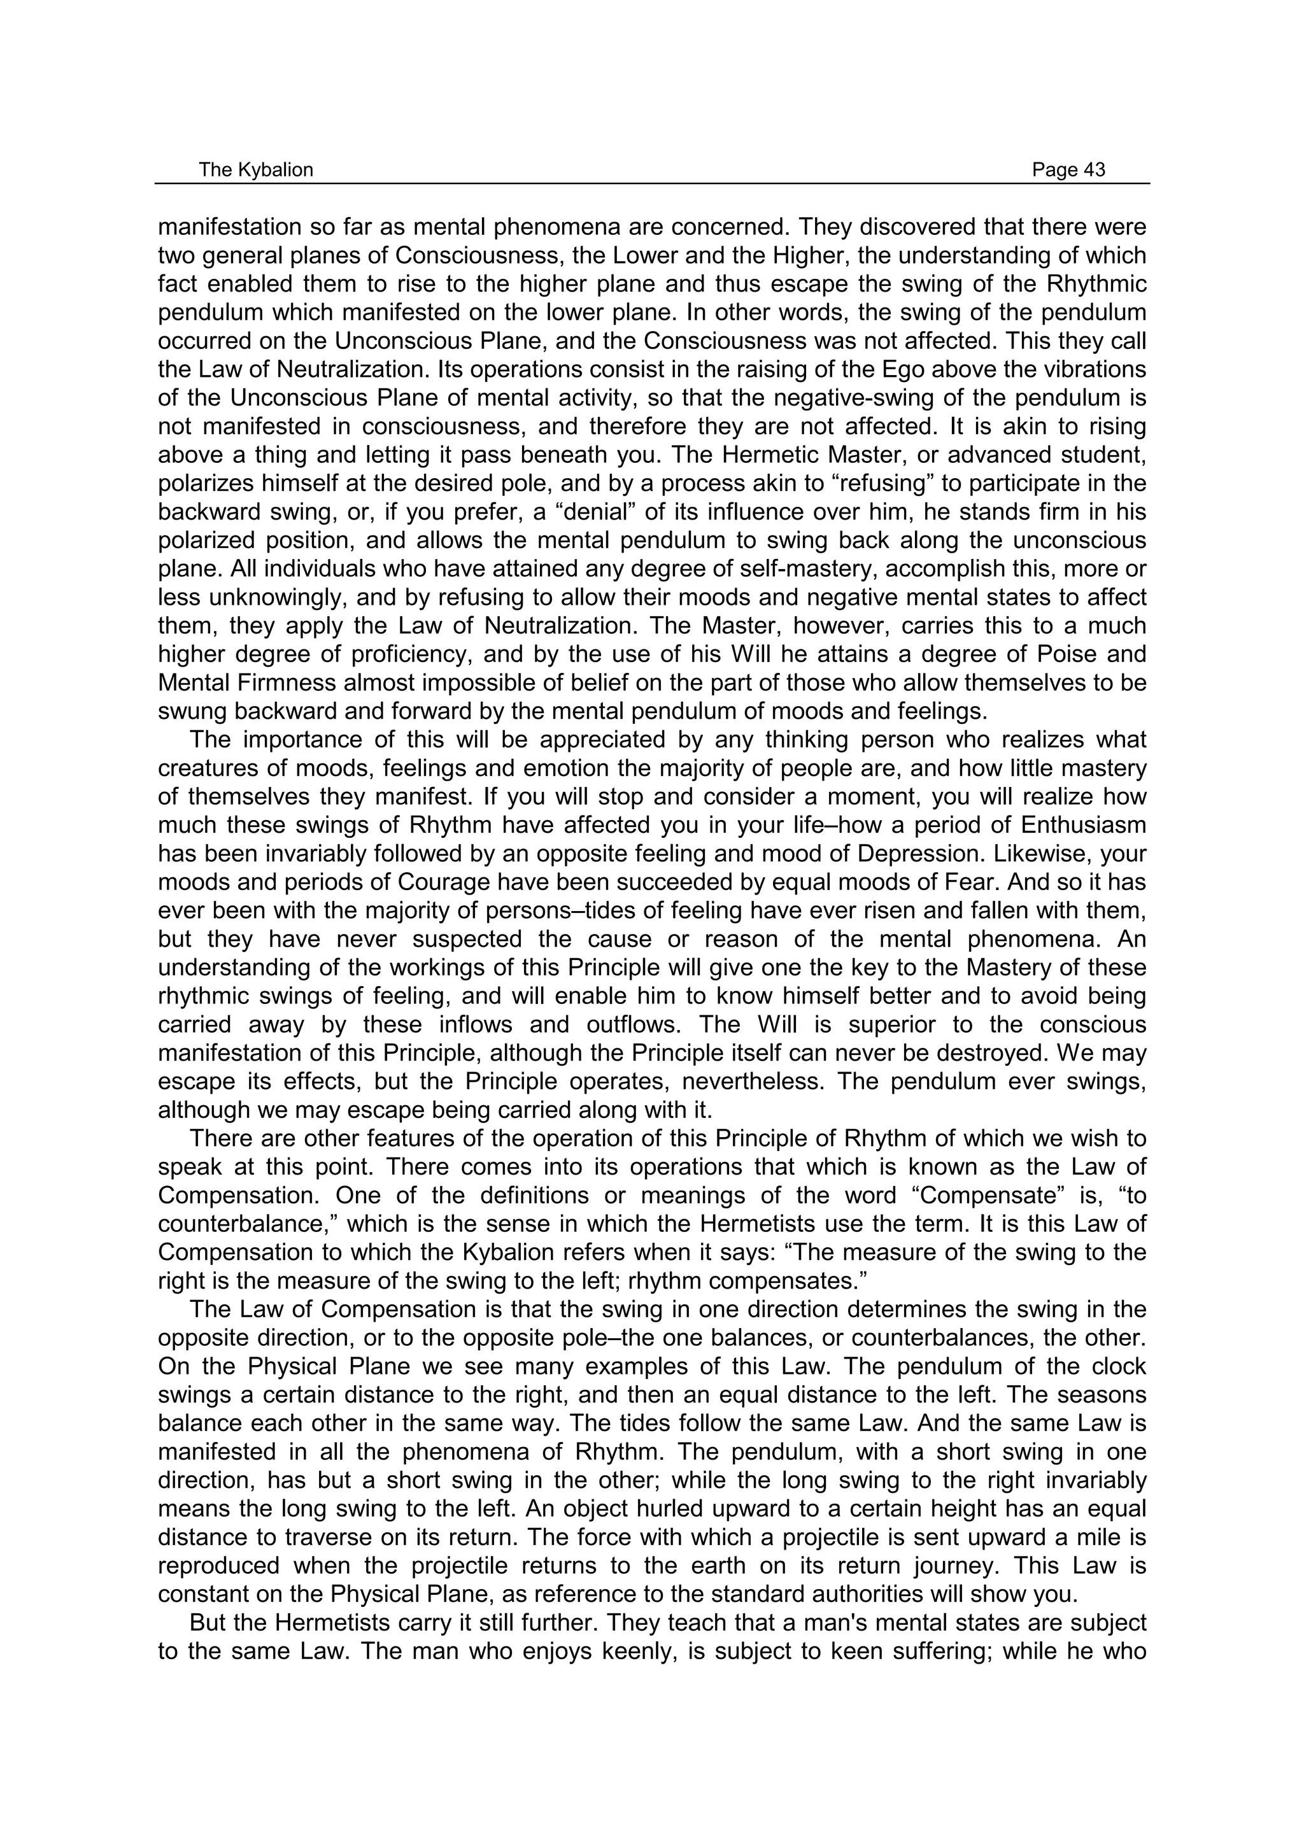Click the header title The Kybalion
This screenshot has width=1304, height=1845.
[x=255, y=169]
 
